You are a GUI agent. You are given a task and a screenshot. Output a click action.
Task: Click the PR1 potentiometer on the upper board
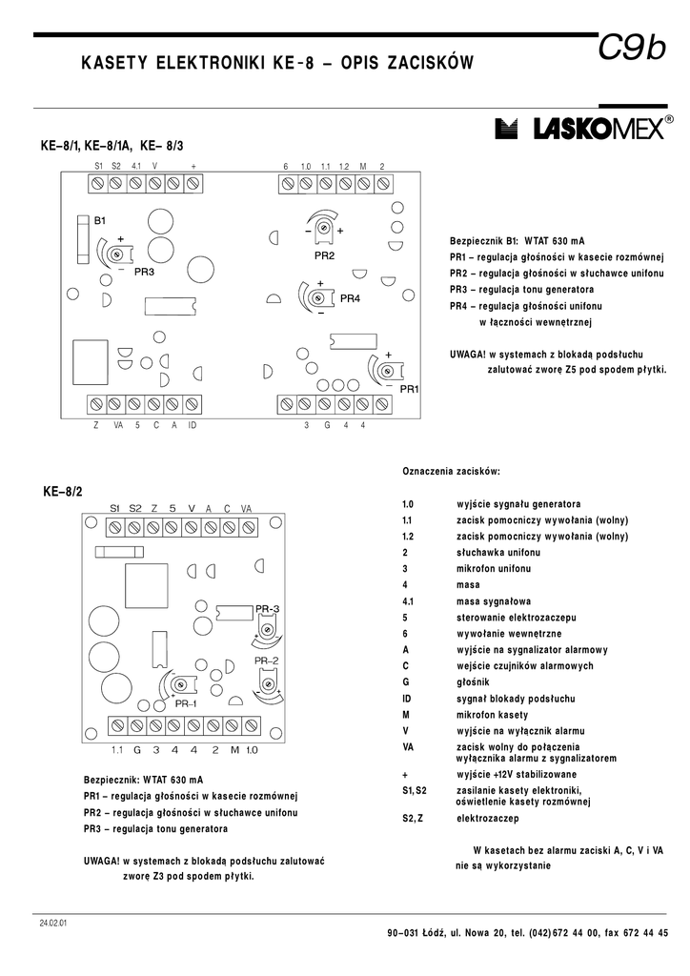pyautogui.click(x=388, y=370)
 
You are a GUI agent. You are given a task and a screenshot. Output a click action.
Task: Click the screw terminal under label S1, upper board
pyautogui.click(x=97, y=188)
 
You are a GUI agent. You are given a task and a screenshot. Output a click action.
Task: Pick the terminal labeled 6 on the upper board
pyautogui.click(x=285, y=188)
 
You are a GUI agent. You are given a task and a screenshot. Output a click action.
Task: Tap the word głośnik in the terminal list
pyautogui.click(x=473, y=682)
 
